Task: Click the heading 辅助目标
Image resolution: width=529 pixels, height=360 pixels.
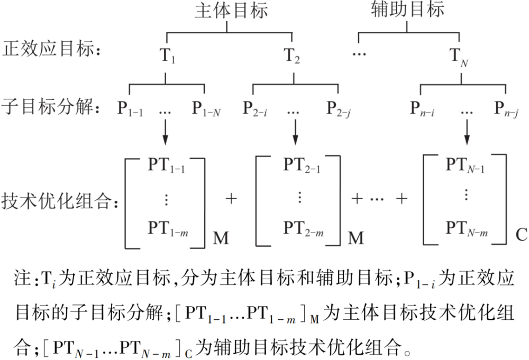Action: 407,11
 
